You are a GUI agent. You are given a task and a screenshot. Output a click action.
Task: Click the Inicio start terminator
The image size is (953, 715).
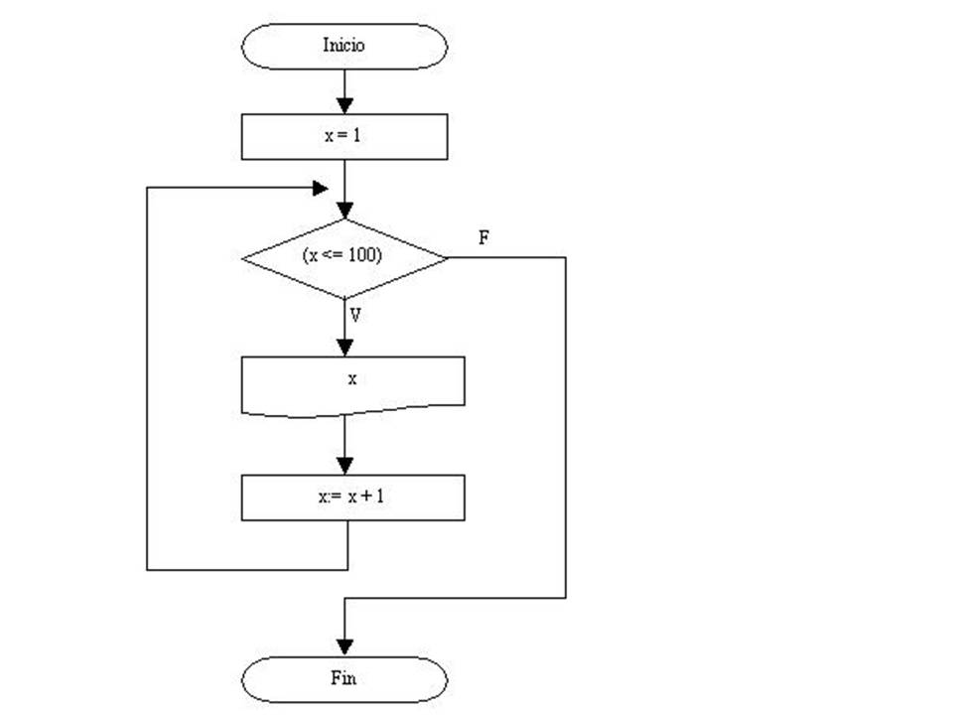click(x=344, y=46)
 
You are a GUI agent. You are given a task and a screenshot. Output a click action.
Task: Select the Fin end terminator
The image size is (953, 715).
click(x=344, y=679)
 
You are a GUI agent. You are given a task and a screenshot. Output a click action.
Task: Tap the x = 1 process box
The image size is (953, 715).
click(x=344, y=136)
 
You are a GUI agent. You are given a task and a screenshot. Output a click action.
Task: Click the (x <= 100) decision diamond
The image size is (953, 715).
click(x=344, y=257)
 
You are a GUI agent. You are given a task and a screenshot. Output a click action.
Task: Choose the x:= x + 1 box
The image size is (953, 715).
click(x=353, y=498)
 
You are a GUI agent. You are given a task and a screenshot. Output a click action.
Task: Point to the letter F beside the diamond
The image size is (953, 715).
click(x=482, y=239)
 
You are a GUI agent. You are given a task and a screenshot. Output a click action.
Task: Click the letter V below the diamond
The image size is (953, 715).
click(x=354, y=317)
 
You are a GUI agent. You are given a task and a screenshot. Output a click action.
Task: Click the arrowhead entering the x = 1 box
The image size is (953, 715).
click(x=344, y=105)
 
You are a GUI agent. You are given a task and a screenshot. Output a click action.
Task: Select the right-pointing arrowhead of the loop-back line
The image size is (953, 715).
click(x=320, y=187)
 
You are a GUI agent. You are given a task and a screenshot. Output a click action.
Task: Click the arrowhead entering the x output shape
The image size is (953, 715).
click(x=344, y=347)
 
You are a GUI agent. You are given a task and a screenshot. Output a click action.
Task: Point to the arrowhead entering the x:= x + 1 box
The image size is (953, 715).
click(x=344, y=466)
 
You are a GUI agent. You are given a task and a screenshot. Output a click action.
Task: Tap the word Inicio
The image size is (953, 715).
click(x=344, y=45)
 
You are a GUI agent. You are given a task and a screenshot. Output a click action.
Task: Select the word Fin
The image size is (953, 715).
click(x=343, y=679)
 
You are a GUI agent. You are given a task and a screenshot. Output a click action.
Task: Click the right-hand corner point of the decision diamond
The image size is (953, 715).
click(x=447, y=257)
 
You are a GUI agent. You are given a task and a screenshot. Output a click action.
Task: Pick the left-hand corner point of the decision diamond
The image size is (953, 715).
click(x=243, y=258)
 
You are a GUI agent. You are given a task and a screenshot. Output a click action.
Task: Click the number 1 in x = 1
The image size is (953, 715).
click(x=357, y=136)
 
